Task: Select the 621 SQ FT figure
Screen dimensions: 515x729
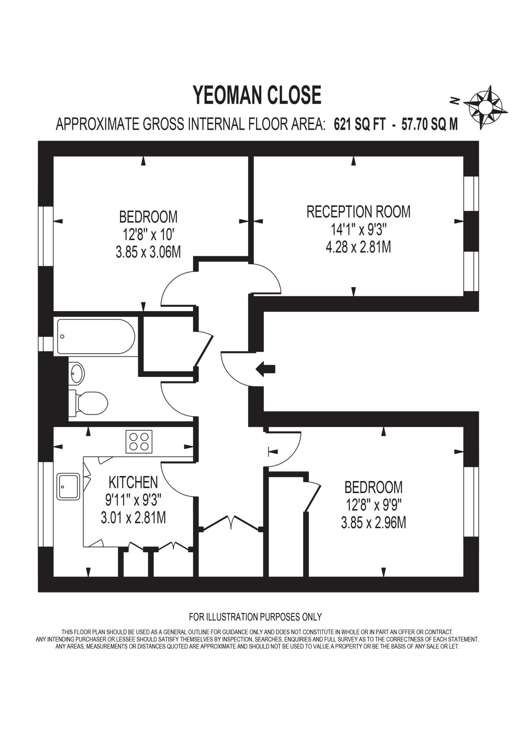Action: tap(360, 124)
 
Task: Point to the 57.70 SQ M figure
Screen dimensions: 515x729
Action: tap(430, 124)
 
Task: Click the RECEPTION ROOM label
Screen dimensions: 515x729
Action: tap(358, 212)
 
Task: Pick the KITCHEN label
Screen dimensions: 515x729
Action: tap(133, 482)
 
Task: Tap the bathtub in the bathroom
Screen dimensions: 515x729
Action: tap(96, 337)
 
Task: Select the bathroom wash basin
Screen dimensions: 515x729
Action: tap(77, 373)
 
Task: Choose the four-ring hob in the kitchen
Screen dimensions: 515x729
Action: tap(139, 442)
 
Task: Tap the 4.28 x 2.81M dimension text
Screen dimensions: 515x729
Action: tap(358, 247)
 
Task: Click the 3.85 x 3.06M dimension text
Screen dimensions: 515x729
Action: tap(148, 252)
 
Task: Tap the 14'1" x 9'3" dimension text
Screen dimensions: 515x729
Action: tap(358, 229)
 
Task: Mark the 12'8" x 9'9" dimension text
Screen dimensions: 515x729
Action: tap(374, 505)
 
